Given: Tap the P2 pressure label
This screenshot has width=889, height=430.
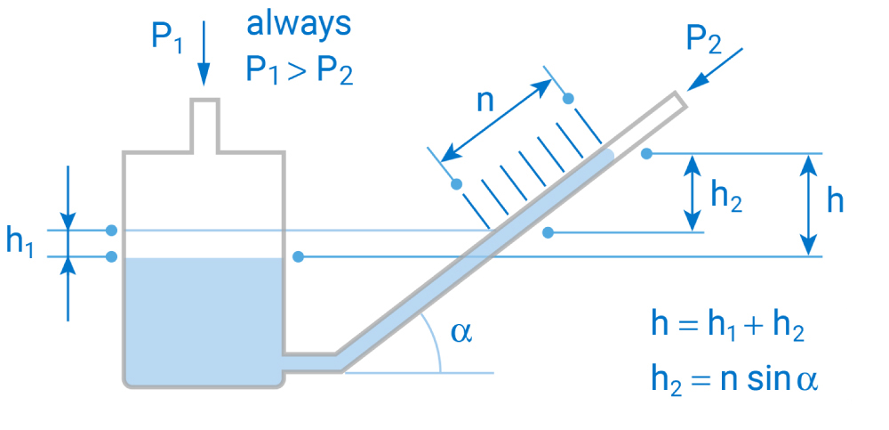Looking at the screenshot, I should (707, 41).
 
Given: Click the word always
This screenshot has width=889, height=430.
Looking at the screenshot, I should (299, 24).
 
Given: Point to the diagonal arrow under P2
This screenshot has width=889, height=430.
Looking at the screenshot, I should (717, 69).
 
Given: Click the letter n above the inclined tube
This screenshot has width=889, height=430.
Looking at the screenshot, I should (485, 101).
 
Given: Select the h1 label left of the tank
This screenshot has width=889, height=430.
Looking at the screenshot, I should (20, 242).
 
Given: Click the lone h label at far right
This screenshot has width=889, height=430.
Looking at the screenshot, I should (835, 201).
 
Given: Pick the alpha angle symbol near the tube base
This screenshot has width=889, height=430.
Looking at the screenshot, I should (461, 332).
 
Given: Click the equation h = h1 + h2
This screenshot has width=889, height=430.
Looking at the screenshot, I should (728, 326).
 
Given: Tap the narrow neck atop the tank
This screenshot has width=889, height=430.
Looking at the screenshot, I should (204, 125).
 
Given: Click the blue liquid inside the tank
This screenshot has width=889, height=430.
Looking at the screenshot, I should (203, 316).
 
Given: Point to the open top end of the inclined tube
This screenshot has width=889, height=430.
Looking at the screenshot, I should (679, 100).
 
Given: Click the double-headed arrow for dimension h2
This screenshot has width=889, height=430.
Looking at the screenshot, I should (692, 192).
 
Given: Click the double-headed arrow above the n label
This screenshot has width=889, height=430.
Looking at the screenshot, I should (499, 115).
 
